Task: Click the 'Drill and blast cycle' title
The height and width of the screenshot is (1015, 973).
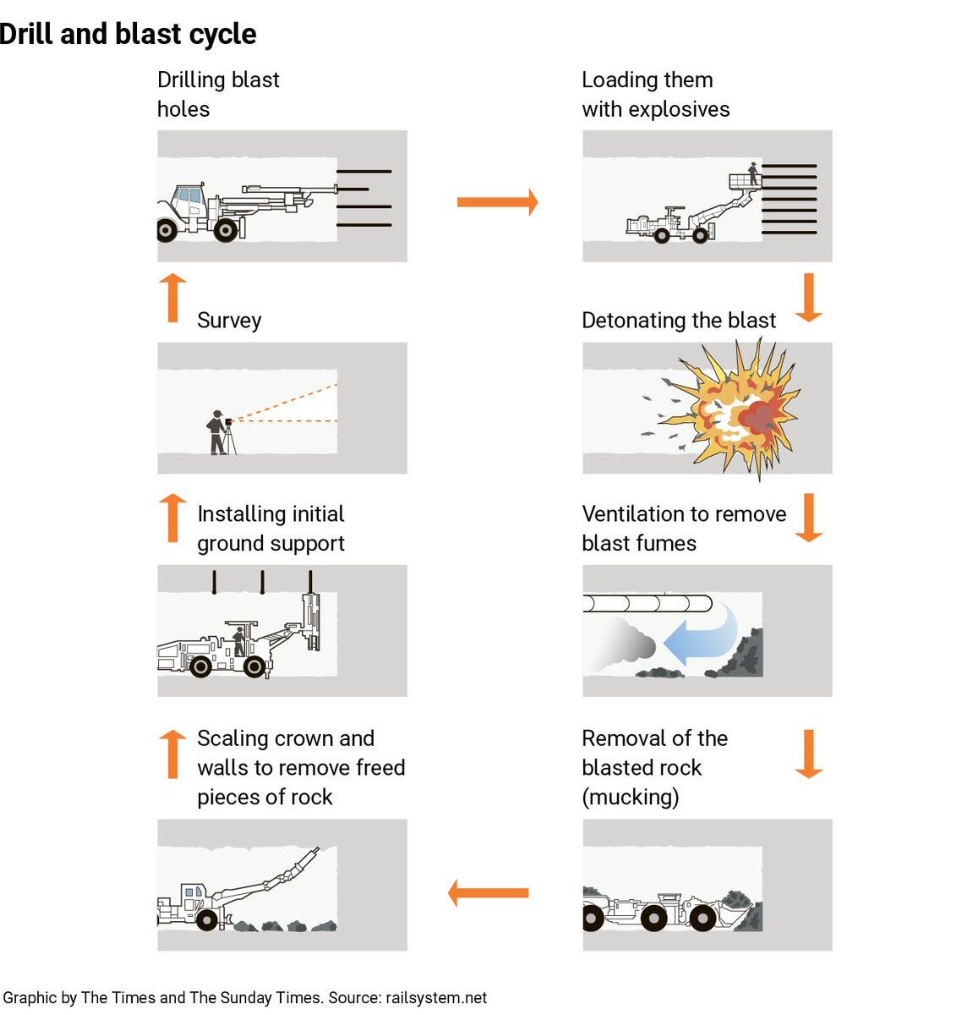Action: coord(128,35)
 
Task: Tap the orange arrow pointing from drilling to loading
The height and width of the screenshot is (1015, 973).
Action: coord(497,202)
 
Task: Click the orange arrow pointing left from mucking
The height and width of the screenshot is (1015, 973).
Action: coord(489,892)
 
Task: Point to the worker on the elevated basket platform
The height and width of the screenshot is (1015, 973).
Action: coord(752,173)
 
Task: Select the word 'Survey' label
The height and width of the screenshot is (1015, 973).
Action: coord(229,321)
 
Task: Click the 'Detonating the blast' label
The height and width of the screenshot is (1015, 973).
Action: coord(679,320)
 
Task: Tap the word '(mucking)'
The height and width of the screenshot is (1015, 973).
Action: coord(631,797)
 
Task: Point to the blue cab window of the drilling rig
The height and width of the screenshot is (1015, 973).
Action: coord(189,195)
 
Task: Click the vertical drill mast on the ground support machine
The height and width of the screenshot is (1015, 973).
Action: coord(311,621)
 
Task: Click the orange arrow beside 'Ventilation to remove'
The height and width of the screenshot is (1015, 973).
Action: coord(809,518)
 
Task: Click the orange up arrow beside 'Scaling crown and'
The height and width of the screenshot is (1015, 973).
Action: coord(172,754)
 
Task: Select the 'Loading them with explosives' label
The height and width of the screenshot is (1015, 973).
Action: coord(656,95)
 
